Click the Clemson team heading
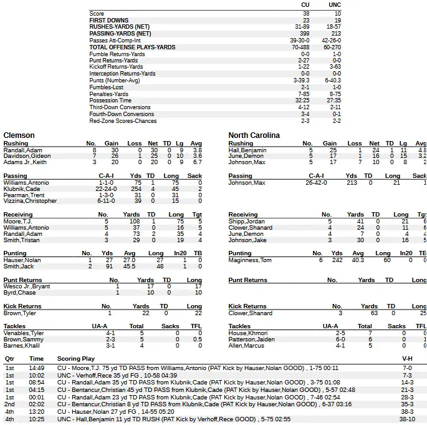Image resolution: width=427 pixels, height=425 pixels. [19, 135]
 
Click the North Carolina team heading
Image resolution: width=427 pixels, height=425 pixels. [254, 135]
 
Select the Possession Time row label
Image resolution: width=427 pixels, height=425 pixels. [110, 100]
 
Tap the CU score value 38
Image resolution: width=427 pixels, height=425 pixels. [305, 13]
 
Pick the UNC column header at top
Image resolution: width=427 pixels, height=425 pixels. [334, 5]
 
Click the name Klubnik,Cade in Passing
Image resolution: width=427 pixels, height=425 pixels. [22, 188]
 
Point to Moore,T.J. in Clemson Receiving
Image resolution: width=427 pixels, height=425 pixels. [17, 222]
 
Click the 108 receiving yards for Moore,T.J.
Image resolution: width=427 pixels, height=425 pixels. [134, 222]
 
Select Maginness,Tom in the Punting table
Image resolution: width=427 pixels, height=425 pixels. [250, 260]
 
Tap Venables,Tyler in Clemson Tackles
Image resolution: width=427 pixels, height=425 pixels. [24, 333]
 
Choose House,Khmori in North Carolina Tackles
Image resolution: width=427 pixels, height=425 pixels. [247, 333]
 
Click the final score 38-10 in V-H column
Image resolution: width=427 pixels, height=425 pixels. [407, 419]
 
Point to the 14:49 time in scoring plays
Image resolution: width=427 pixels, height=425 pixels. [36, 368]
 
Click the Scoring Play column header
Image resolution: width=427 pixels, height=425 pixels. [76, 359]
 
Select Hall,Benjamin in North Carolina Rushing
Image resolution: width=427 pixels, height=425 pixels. [247, 150]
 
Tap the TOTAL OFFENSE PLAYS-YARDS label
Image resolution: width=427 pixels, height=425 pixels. [132, 47]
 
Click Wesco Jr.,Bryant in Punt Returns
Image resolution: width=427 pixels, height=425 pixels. [27, 286]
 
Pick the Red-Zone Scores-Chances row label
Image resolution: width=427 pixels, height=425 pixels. [123, 121]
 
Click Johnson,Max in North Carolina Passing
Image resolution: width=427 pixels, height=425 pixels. [247, 183]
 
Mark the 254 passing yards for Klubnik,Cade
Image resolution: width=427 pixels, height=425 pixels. [136, 188]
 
